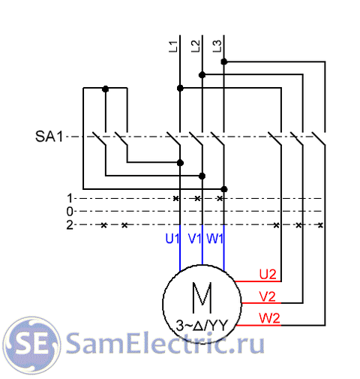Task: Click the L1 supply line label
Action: pyautogui.click(x=173, y=47)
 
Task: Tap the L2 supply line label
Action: pyautogui.click(x=195, y=47)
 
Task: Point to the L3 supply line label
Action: pyautogui.click(x=217, y=47)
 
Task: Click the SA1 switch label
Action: pyautogui.click(x=49, y=137)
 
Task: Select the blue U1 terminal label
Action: pyautogui.click(x=172, y=239)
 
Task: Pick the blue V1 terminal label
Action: pyautogui.click(x=194, y=239)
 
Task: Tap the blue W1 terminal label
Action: pyautogui.click(x=214, y=239)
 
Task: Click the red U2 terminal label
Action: pyautogui.click(x=268, y=274)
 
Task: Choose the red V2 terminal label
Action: pyautogui.click(x=268, y=296)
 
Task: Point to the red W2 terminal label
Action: pyautogui.click(x=269, y=318)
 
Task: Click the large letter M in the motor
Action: pyautogui.click(x=202, y=298)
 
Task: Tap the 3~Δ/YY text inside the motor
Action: pyautogui.click(x=202, y=326)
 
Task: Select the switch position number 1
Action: pyautogui.click(x=70, y=198)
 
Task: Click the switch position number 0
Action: pyautogui.click(x=70, y=212)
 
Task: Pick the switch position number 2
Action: pyautogui.click(x=70, y=225)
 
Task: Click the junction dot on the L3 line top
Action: pyautogui.click(x=224, y=62)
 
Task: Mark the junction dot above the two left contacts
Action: pyautogui.click(x=106, y=89)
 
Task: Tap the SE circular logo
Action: pyautogui.click(x=31, y=345)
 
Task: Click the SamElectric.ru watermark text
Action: pyautogui.click(x=165, y=343)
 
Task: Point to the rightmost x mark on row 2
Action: pyautogui.click(x=320, y=225)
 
